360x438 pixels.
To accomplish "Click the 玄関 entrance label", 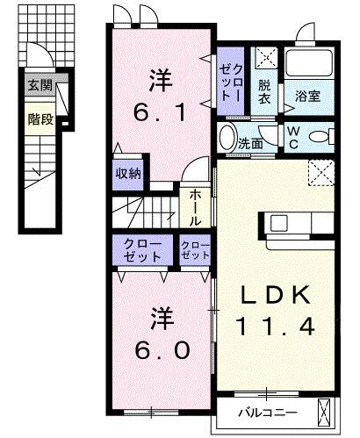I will tap(40, 86).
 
